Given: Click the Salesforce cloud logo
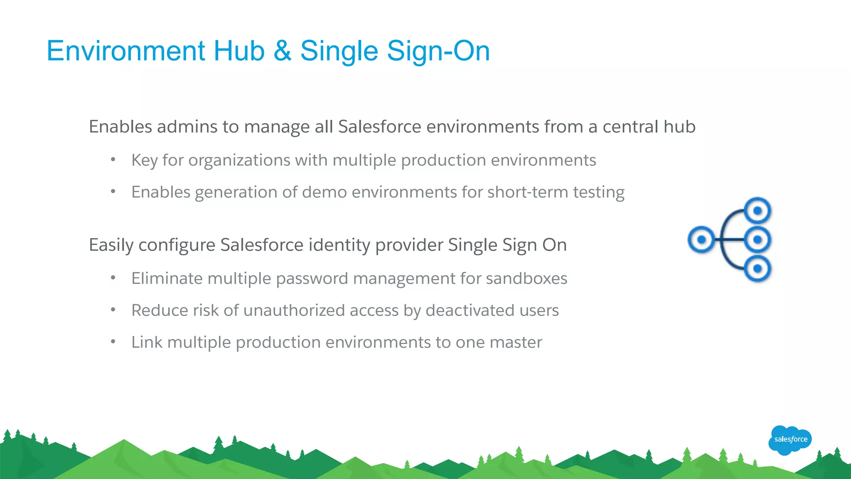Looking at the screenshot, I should point(790,439).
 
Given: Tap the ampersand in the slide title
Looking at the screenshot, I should point(283,51).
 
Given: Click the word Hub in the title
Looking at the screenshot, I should point(239,51).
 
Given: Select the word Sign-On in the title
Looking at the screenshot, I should point(438,51).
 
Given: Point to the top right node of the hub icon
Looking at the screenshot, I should point(758,211).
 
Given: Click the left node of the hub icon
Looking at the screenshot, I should point(701,239).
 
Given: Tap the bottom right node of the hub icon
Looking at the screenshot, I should point(758,269).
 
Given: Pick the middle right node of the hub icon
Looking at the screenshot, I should point(758,239).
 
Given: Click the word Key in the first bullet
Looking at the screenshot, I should point(144,160).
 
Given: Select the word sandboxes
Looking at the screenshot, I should point(526,279).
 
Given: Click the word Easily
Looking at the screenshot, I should point(111,245).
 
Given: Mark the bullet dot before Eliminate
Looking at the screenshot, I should point(113,278).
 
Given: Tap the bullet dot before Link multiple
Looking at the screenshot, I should point(113,342).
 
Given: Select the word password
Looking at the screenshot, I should point(312,279).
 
